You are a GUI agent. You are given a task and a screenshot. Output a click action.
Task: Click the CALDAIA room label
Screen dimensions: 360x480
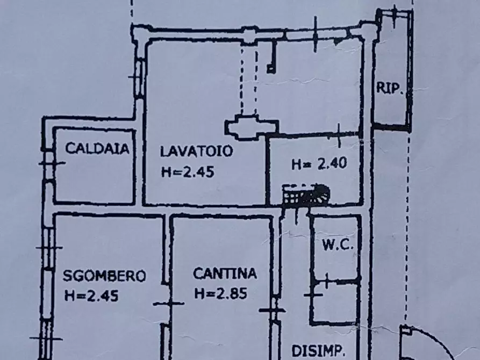tap(97, 149)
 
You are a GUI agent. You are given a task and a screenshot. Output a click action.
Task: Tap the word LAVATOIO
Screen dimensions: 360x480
tap(197, 152)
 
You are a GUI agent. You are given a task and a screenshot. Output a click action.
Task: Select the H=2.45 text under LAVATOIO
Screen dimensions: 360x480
tap(188, 172)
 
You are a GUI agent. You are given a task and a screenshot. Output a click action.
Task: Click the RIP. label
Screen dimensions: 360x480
tap(390, 89)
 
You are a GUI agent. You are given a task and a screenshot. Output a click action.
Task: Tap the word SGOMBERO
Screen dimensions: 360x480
tap(104, 276)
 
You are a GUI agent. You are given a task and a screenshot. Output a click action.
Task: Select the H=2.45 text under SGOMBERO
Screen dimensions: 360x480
tap(91, 295)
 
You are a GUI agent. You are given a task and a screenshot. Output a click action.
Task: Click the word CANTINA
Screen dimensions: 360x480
tap(225, 274)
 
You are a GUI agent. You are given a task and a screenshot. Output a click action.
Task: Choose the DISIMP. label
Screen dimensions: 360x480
tap(321, 351)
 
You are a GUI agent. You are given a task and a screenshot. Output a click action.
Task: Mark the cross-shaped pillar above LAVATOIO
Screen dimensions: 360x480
tap(251, 127)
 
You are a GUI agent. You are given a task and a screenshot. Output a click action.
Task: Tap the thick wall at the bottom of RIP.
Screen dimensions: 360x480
tap(391, 127)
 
